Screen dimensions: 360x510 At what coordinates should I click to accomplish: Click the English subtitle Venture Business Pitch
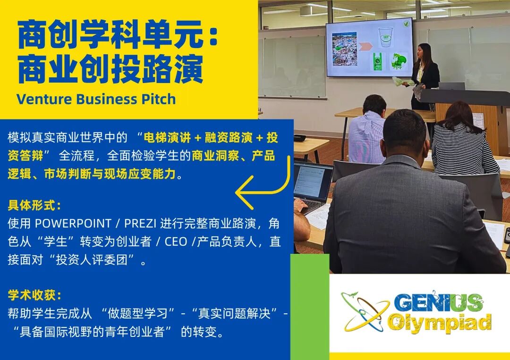pyautogui.click(x=96, y=100)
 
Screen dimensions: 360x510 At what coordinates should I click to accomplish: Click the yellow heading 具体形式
pyautogui.click(x=34, y=206)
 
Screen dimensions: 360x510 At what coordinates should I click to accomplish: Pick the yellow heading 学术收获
pyautogui.click(x=34, y=295)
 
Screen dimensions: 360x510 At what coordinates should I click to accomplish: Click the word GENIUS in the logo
pyautogui.click(x=438, y=303)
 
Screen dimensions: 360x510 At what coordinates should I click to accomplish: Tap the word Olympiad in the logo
pyautogui.click(x=439, y=323)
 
